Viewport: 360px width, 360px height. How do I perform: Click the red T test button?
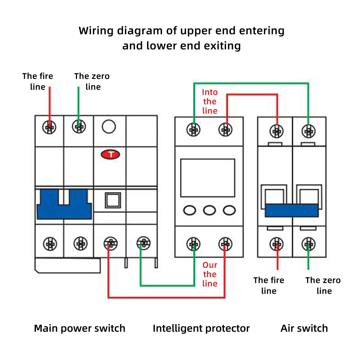click(111, 154)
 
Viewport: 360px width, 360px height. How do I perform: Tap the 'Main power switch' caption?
click(80, 329)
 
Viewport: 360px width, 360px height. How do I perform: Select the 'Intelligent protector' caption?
click(201, 329)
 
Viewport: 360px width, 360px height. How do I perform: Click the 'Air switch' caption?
click(304, 328)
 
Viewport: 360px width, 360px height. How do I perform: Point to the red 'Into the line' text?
click(210, 102)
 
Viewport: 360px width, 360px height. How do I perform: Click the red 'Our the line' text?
click(210, 274)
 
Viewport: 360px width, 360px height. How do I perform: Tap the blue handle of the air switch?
click(292, 210)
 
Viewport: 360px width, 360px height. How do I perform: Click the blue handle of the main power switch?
click(64, 204)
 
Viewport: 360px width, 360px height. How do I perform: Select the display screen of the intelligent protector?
click(208, 178)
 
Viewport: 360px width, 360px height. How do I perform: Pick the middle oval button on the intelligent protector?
click(210, 210)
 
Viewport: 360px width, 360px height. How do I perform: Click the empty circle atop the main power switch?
click(109, 126)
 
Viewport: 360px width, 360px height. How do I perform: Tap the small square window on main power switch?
click(113, 201)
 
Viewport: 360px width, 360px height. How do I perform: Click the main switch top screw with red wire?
click(49, 127)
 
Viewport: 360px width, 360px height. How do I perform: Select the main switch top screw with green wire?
click(79, 126)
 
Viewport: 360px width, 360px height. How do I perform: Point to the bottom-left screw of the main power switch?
click(50, 244)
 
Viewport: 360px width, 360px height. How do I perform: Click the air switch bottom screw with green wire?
click(309, 244)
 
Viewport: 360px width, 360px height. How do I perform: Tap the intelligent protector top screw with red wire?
click(225, 130)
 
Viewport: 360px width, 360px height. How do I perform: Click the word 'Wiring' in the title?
click(96, 31)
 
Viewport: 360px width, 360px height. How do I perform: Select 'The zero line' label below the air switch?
click(323, 285)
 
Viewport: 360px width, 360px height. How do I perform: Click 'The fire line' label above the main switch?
click(38, 81)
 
